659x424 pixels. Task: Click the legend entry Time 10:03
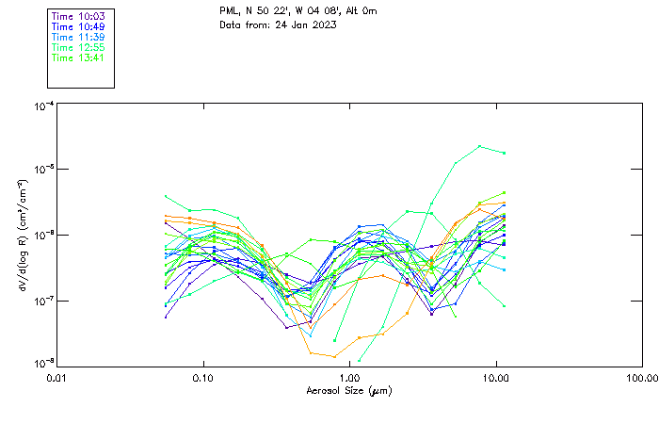[x=78, y=17]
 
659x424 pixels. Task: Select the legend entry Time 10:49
[x=78, y=27]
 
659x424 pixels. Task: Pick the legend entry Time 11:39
[x=78, y=38]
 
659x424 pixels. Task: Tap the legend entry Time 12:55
[x=78, y=48]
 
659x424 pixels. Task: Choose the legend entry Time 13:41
[x=78, y=58]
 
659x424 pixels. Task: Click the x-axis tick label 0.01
[x=57, y=377]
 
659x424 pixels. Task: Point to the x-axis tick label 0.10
[x=203, y=377]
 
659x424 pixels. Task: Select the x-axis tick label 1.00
[x=349, y=377]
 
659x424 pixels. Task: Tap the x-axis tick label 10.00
[x=495, y=377]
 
